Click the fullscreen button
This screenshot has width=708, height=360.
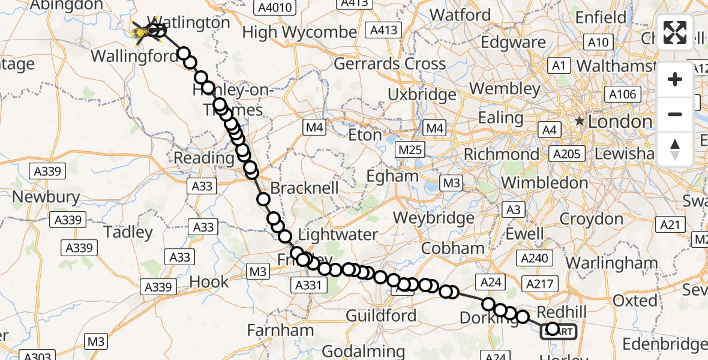click(x=675, y=32)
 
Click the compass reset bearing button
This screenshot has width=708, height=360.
click(x=675, y=149)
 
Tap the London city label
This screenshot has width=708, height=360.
click(x=619, y=122)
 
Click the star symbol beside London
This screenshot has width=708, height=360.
click(x=580, y=122)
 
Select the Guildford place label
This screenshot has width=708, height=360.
click(x=381, y=316)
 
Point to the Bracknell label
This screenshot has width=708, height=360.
click(x=304, y=188)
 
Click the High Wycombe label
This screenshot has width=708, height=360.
click(x=299, y=32)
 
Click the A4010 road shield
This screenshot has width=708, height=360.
click(x=272, y=7)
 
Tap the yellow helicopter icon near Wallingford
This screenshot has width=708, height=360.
click(x=144, y=29)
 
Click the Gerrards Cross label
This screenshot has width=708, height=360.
click(x=389, y=64)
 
